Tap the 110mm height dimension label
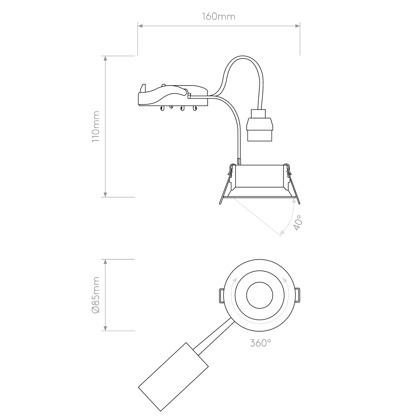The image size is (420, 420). pyautogui.click(x=94, y=126)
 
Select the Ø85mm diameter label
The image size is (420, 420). pyautogui.click(x=94, y=295)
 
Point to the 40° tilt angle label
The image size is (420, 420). pyautogui.click(x=298, y=223)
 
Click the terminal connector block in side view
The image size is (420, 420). pyautogui.click(x=171, y=95)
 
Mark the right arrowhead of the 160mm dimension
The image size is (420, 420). pyautogui.click(x=297, y=26)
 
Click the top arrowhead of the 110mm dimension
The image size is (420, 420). pyautogui.click(x=105, y=59)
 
